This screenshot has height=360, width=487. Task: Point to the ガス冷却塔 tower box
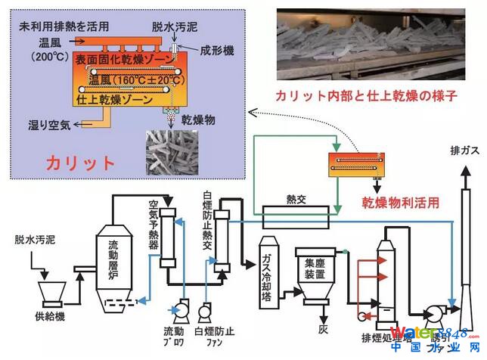point(270,268)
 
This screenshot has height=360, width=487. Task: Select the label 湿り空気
point(45,125)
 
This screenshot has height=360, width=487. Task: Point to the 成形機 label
point(219,52)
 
